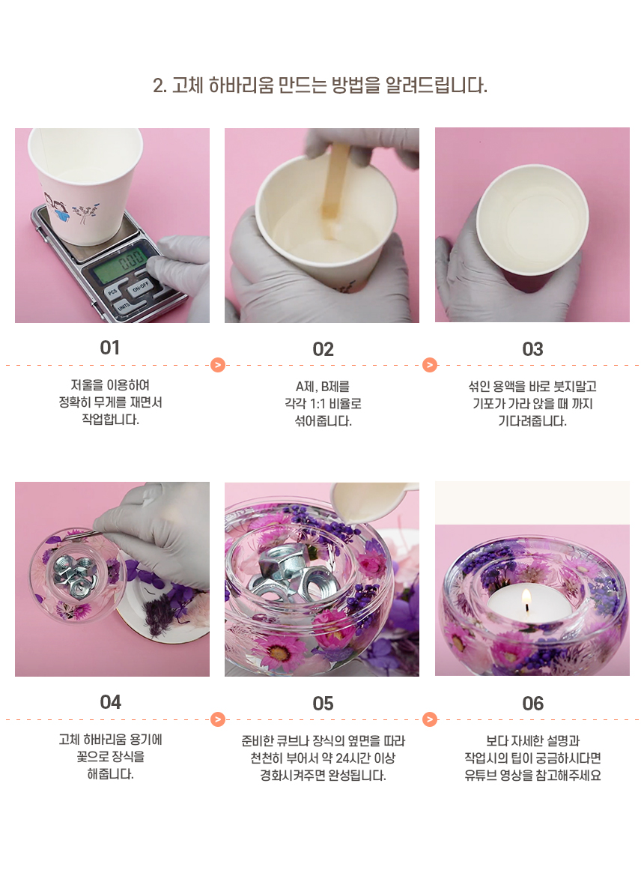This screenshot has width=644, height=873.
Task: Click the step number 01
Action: point(109,348)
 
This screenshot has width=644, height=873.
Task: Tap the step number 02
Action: point(323,350)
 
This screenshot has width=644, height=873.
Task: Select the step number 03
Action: point(532,349)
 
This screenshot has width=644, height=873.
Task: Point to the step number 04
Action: point(110,702)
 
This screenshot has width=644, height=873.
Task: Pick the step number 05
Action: point(323,704)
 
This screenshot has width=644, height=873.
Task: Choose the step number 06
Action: point(532,704)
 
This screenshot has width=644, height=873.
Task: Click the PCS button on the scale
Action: point(112,291)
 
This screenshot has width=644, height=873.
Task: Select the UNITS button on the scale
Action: point(124,306)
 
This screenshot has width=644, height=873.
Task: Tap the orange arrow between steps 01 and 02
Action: point(218,365)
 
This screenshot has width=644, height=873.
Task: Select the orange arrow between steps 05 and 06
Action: point(429,719)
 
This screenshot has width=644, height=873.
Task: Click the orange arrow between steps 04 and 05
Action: point(218,719)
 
